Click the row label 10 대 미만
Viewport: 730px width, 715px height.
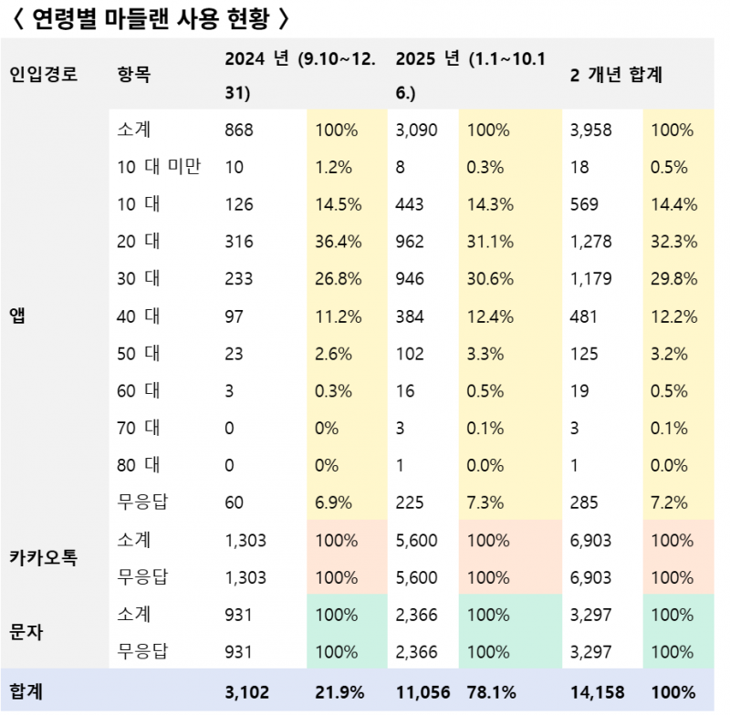160,167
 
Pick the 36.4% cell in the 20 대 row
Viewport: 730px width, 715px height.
339,242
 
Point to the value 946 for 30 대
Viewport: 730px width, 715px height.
412,279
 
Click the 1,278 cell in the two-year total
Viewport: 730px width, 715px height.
591,242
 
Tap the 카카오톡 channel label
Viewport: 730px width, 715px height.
42,558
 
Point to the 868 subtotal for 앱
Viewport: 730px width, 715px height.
238,130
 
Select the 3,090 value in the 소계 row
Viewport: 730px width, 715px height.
417,130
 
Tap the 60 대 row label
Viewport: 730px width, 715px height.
139,391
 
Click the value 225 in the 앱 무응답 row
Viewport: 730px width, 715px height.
412,503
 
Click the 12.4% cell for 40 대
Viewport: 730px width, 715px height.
490,316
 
